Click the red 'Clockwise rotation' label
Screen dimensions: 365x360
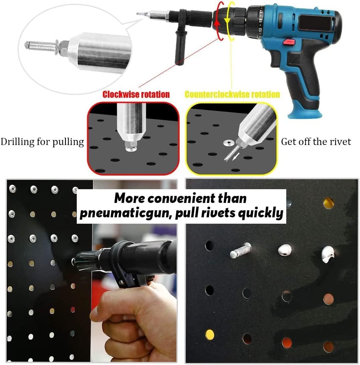[136, 94]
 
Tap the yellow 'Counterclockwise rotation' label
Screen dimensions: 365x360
[232, 94]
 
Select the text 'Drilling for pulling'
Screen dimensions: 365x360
[42, 142]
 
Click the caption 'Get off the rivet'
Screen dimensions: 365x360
[316, 142]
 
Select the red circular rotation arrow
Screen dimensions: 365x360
[219, 20]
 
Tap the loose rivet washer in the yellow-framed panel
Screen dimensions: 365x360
[228, 143]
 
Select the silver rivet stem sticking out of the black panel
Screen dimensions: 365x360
[240, 250]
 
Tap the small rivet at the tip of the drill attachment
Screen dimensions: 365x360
[139, 14]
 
